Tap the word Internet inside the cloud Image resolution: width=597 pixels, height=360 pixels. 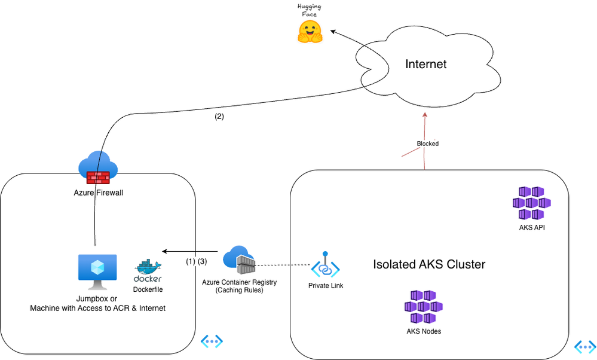[425, 64]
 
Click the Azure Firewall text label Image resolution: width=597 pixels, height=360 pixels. [99, 193]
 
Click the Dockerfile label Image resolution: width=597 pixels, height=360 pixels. [148, 289]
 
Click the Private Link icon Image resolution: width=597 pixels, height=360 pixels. [325, 265]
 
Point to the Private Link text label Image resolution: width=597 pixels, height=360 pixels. [326, 286]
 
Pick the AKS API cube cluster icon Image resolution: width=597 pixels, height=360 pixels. [531, 203]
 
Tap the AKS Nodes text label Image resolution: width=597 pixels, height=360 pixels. [423, 331]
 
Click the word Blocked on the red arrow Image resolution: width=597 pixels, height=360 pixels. [427, 144]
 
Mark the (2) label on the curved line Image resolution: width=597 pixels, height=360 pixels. [219, 117]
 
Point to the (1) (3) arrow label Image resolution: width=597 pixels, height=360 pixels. [196, 261]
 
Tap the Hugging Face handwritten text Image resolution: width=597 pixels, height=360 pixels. [309, 10]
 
